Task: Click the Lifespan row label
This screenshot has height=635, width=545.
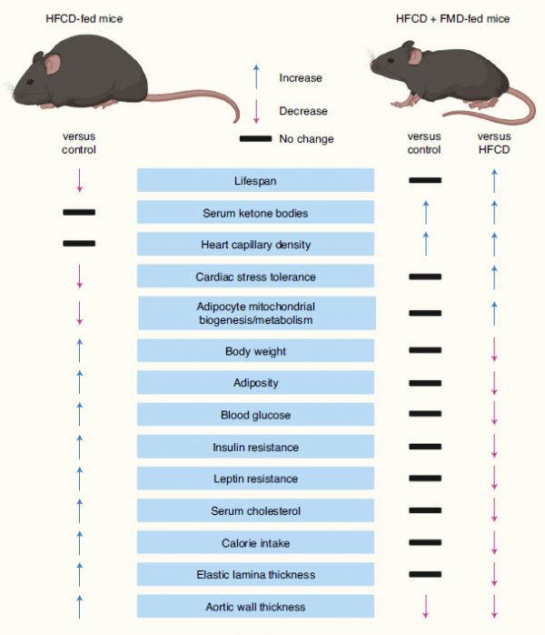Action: (x=255, y=181)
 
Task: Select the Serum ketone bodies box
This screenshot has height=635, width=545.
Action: (x=255, y=212)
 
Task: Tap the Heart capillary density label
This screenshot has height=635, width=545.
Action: (x=255, y=245)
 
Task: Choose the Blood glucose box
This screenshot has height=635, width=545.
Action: (x=255, y=414)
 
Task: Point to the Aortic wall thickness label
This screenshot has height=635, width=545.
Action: (x=255, y=607)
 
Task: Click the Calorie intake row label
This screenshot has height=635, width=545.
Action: (x=255, y=543)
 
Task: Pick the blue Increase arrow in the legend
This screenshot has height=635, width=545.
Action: (x=256, y=76)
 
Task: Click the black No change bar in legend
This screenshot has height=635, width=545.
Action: (x=255, y=139)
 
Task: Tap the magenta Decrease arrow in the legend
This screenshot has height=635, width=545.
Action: (x=256, y=111)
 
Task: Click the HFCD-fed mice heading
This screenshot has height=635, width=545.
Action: (x=84, y=18)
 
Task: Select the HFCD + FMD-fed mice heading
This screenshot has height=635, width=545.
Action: (x=453, y=18)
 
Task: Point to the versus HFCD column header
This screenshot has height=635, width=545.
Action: (x=494, y=143)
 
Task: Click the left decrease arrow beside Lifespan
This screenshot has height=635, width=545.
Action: (x=80, y=180)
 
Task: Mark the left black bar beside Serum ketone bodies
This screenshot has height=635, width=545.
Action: (x=79, y=212)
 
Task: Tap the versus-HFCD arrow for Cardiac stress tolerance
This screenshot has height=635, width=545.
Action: (x=494, y=277)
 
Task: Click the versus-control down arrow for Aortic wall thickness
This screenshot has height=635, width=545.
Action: (x=425, y=606)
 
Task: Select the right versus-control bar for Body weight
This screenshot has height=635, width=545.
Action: (x=425, y=350)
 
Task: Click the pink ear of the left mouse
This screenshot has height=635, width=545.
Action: (x=52, y=64)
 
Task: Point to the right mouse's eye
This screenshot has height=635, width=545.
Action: (x=391, y=60)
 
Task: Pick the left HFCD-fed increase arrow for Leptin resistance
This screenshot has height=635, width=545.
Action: (x=80, y=479)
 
